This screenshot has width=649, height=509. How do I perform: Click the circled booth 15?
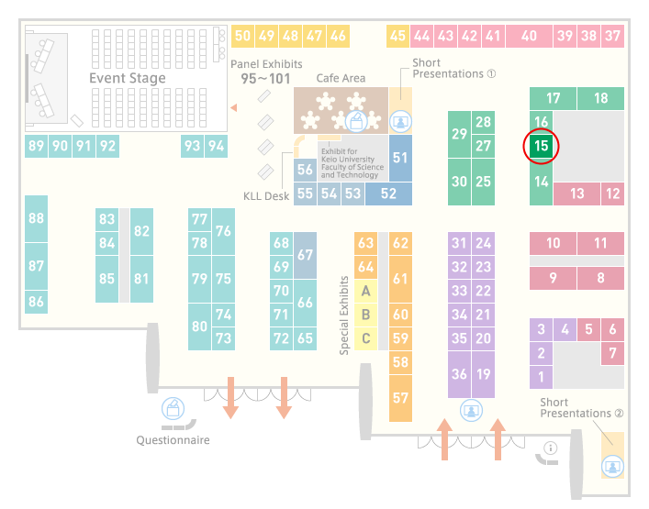pos(541,146)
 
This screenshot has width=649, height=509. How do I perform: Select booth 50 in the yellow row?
pos(242,36)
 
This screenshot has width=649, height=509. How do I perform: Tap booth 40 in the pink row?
pos(529,36)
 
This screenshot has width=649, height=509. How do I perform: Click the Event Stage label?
pos(128,78)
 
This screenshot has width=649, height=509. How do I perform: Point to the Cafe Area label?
pos(341,78)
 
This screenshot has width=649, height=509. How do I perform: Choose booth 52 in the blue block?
pos(388,194)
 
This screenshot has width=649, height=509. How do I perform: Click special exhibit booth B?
pos(365,315)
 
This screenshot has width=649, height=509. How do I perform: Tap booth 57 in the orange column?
pos(400,398)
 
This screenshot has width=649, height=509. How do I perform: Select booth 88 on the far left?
pos(36,218)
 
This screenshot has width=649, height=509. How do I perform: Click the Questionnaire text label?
pos(173,440)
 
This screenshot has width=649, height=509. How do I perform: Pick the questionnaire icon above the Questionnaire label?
pos(173,408)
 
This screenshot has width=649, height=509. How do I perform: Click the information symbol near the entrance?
pos(551,448)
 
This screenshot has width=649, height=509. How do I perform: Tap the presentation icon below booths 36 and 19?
pos(471,411)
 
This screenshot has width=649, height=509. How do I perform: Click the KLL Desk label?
pos(266,196)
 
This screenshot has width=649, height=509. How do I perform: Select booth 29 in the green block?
pos(459,134)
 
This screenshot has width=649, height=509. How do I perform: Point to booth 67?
pos(305,255)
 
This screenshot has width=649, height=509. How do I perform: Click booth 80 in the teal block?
pos(199,326)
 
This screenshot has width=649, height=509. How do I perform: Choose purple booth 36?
pos(459,374)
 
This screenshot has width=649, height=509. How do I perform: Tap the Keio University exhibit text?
pos(352,163)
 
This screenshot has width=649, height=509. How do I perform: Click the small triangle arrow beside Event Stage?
pos(234,108)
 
